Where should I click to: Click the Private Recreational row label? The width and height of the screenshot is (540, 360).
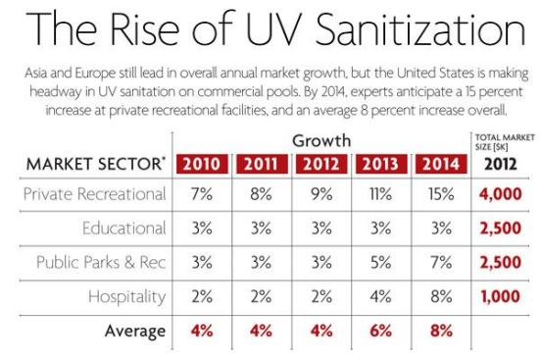point(96,195)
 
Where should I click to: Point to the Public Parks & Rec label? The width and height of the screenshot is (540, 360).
point(101,262)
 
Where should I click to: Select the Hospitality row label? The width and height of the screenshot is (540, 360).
point(127,295)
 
